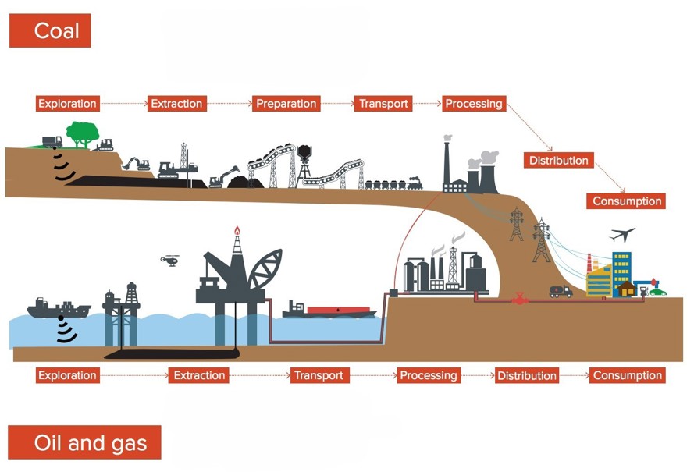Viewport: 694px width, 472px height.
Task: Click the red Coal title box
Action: point(50,30)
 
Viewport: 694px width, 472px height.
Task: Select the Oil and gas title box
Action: point(84,442)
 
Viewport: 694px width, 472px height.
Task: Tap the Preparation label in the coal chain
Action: point(286,104)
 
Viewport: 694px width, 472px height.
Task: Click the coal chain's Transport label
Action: point(383,104)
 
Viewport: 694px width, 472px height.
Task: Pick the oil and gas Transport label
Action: point(319,375)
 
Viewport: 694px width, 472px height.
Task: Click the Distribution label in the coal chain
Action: point(558,161)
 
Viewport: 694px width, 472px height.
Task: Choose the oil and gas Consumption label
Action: point(627,375)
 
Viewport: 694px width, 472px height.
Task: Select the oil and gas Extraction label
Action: point(199,375)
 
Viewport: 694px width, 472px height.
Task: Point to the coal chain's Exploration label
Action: point(67,104)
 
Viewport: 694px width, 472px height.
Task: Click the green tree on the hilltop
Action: point(82,133)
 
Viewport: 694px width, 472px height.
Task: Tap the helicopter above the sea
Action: point(170,260)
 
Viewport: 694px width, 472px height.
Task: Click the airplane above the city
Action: point(622,234)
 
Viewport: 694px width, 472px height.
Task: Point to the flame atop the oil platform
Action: point(237,232)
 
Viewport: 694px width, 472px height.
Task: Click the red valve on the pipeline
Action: point(520,299)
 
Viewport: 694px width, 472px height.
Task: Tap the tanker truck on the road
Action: point(561,291)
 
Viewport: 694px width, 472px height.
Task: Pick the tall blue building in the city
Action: point(621,269)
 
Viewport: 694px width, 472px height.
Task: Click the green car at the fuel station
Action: point(658,292)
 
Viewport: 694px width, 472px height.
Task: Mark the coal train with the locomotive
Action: point(393,184)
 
